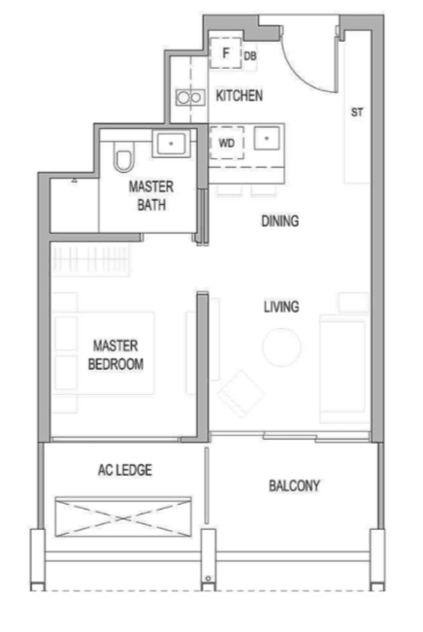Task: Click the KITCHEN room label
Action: (x=240, y=95)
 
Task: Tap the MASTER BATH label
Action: (x=151, y=195)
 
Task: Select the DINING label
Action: (x=280, y=221)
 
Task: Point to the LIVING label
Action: (x=281, y=307)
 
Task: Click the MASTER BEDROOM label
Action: (x=115, y=354)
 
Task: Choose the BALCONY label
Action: (x=295, y=485)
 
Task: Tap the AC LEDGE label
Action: (x=125, y=470)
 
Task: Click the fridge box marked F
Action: (x=226, y=52)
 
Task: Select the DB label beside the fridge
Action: (x=250, y=56)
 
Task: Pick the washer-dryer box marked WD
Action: (x=227, y=143)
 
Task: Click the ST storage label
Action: (x=357, y=112)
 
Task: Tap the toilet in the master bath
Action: (x=123, y=157)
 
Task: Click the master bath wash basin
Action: (x=171, y=144)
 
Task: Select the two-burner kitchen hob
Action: (x=190, y=97)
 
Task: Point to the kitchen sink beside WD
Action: (x=266, y=139)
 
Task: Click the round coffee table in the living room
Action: (x=281, y=348)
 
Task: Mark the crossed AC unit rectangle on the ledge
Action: (x=123, y=516)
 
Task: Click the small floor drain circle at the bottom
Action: (x=209, y=579)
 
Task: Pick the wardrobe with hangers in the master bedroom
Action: (x=91, y=259)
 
